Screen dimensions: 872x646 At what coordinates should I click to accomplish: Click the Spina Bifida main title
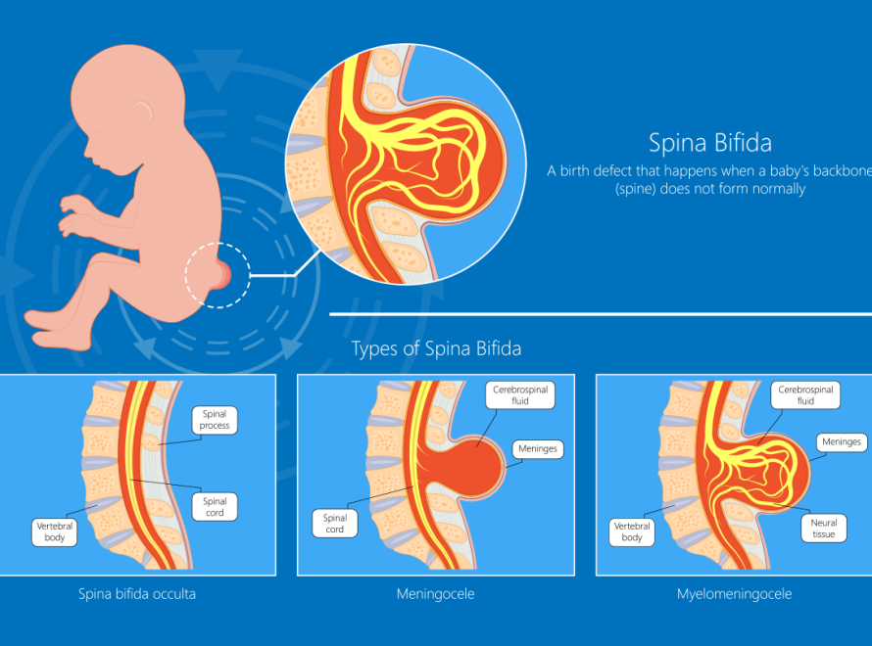click(710, 143)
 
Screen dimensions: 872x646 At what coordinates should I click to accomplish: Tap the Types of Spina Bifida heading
click(437, 348)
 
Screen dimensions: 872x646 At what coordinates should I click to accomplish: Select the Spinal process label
click(215, 420)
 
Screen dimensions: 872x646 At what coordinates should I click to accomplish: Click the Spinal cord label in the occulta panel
click(215, 507)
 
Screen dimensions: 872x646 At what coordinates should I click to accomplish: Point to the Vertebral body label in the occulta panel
click(55, 531)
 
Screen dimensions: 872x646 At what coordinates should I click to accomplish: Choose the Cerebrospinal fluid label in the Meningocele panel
click(520, 394)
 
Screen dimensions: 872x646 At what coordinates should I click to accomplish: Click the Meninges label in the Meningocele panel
click(538, 449)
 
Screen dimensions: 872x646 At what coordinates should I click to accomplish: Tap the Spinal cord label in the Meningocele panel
click(335, 524)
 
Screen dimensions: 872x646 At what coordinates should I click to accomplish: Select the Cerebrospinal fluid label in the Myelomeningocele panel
click(805, 394)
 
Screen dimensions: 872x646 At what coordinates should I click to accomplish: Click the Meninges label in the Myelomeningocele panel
click(842, 442)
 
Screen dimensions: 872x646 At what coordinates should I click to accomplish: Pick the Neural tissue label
click(824, 529)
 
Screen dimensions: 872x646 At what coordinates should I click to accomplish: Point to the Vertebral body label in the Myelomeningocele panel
click(632, 531)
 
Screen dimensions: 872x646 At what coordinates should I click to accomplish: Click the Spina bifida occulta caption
click(137, 594)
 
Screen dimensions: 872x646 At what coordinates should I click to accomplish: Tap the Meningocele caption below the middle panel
click(435, 594)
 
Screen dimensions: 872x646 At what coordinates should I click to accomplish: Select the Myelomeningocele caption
click(734, 594)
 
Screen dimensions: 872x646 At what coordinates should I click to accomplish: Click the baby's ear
click(143, 112)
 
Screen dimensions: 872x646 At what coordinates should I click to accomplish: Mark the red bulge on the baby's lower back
click(222, 275)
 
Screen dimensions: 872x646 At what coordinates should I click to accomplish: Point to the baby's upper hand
click(77, 205)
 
